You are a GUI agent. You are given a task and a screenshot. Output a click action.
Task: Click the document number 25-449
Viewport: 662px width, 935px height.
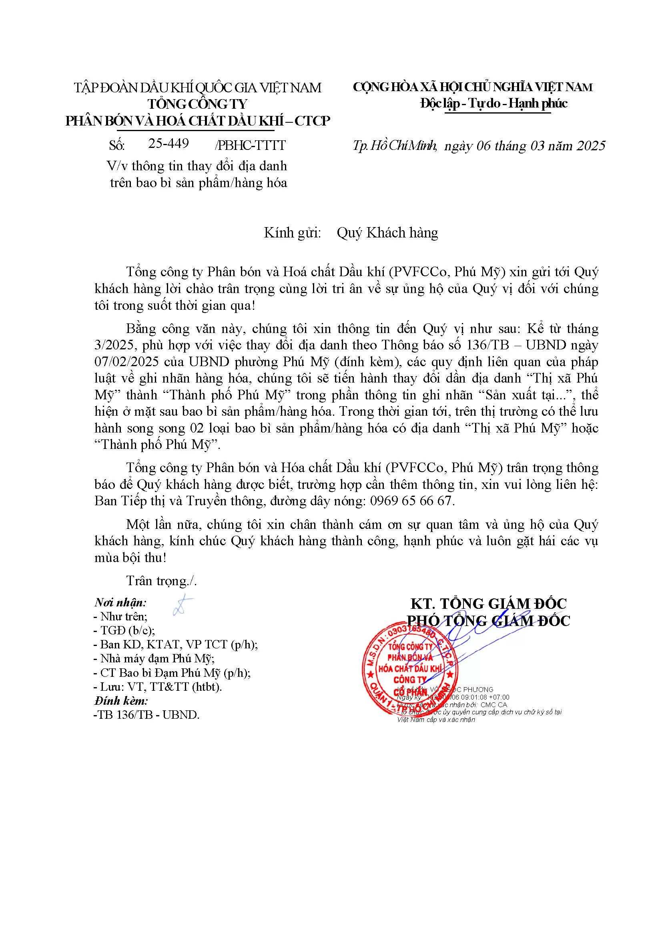(x=169, y=144)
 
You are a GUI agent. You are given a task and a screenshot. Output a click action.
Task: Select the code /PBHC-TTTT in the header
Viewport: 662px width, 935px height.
(x=250, y=146)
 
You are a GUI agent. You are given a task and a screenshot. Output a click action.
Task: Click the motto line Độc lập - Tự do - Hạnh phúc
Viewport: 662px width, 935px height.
(x=493, y=104)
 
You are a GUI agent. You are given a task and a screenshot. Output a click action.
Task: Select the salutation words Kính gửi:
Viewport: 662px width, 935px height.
(x=292, y=233)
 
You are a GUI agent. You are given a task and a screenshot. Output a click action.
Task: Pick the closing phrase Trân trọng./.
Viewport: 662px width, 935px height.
(x=161, y=581)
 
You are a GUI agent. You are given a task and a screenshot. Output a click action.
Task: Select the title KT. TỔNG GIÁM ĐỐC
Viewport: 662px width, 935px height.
(x=488, y=604)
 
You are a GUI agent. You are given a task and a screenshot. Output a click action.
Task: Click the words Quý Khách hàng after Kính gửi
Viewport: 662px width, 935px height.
(x=387, y=233)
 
